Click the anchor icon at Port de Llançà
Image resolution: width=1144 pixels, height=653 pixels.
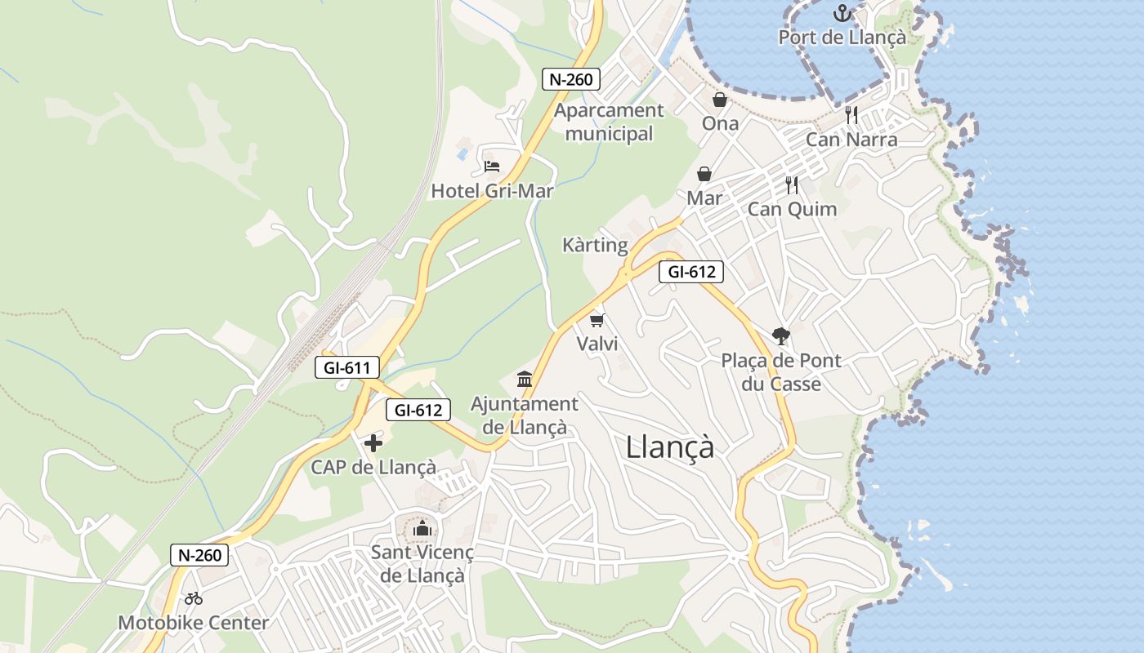click(x=842, y=13)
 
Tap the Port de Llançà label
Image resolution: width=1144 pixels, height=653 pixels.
click(x=842, y=38)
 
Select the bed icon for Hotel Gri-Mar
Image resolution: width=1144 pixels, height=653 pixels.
click(x=492, y=167)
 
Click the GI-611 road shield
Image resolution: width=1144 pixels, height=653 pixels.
click(x=347, y=367)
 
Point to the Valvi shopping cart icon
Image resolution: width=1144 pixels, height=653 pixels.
click(x=597, y=320)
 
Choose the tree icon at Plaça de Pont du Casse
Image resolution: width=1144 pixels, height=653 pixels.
click(x=780, y=335)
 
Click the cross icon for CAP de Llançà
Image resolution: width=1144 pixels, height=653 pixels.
click(x=373, y=443)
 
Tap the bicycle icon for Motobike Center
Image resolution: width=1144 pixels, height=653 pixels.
click(x=194, y=598)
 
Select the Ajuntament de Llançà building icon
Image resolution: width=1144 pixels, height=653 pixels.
click(x=525, y=380)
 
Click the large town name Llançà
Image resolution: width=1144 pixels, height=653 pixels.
click(x=670, y=446)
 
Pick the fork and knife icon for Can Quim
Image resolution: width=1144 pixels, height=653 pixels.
click(x=791, y=185)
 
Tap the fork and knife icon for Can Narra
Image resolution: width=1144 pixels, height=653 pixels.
click(x=851, y=115)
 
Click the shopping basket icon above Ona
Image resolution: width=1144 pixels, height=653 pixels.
click(x=720, y=100)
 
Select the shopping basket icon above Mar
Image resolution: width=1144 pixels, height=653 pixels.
click(x=704, y=174)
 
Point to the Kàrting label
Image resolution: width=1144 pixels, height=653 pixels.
click(x=595, y=245)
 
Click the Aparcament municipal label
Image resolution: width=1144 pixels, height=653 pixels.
click(x=609, y=122)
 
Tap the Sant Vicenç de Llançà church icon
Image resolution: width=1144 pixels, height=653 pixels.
click(x=422, y=529)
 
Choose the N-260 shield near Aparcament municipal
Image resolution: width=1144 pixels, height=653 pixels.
click(x=571, y=79)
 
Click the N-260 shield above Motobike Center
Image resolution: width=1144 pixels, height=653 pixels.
click(x=199, y=555)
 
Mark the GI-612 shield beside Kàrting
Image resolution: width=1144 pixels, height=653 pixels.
click(x=691, y=273)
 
